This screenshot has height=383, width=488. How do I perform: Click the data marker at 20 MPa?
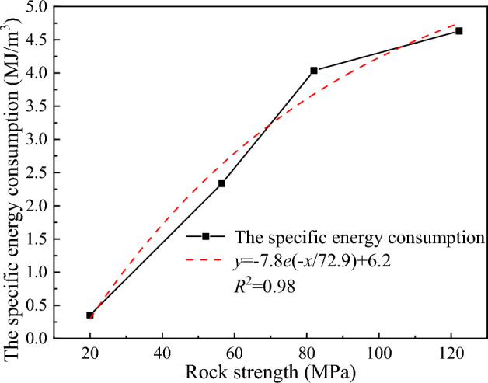(x=90, y=315)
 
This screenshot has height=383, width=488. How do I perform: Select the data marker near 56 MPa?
(x=221, y=183)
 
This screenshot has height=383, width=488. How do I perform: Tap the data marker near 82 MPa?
(x=314, y=71)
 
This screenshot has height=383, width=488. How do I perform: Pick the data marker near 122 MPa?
(x=458, y=31)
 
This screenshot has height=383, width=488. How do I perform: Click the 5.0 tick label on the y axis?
(x=59, y=7)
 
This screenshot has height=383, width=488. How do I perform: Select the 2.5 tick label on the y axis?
(x=59, y=172)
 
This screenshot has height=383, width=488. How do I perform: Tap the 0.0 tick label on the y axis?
(x=59, y=339)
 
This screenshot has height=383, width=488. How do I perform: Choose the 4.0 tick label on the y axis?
(x=59, y=73)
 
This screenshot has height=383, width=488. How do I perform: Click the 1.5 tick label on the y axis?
(x=59, y=239)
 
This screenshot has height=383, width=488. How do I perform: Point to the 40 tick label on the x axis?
(x=162, y=351)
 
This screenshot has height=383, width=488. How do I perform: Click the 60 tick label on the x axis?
(x=235, y=351)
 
